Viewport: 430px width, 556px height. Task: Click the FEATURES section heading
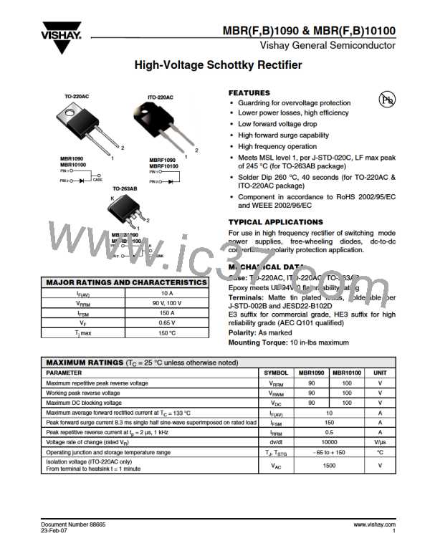(x=249, y=93)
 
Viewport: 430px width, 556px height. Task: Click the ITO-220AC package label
(x=161, y=97)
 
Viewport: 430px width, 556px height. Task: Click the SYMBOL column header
(x=276, y=373)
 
